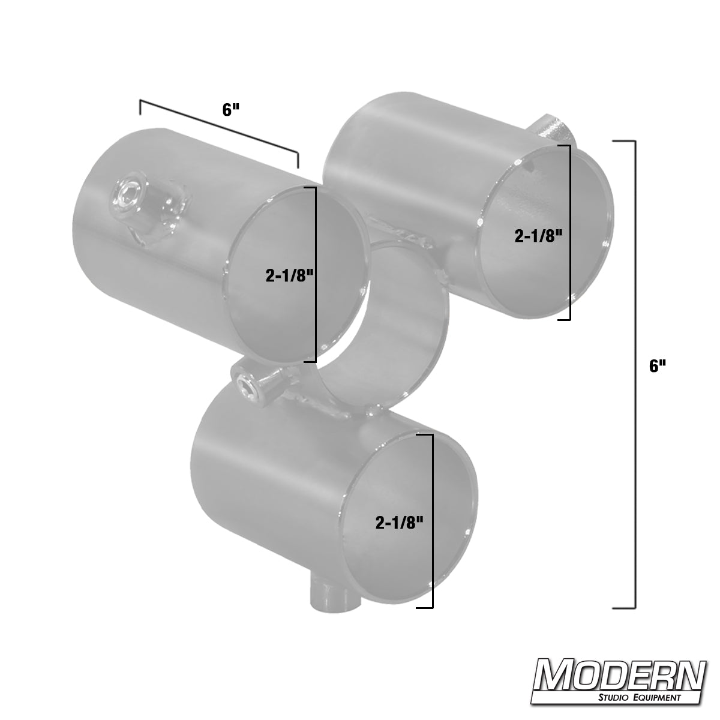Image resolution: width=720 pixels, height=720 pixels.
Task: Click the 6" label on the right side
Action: (x=658, y=366)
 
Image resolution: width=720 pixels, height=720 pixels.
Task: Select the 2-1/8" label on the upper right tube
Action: (x=539, y=236)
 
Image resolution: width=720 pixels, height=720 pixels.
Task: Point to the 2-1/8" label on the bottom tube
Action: (x=400, y=523)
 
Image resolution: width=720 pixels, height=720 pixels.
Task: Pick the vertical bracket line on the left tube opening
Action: (x=315, y=275)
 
